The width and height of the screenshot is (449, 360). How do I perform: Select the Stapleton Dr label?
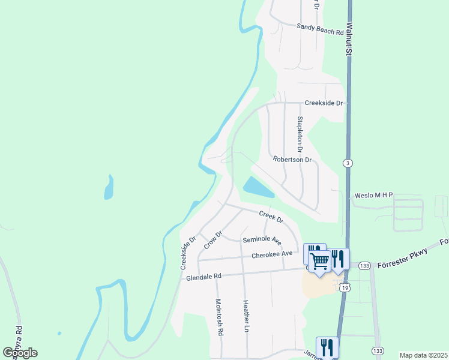pyautogui.click(x=300, y=133)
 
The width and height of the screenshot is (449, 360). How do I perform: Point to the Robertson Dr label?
pyautogui.click(x=292, y=160)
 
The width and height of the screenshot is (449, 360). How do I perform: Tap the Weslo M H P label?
pyautogui.click(x=373, y=195)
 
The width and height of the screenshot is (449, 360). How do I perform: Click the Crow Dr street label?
pyautogui.click(x=212, y=239)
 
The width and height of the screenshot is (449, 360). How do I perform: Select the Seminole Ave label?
pyautogui.click(x=262, y=240)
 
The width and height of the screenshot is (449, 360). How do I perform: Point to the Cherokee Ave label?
pyautogui.click(x=272, y=254)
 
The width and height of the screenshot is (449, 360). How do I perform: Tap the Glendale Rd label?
pyautogui.click(x=204, y=277)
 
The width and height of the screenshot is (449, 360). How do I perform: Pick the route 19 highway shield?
pyautogui.click(x=343, y=288)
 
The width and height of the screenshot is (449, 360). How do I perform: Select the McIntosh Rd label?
pyautogui.click(x=219, y=317)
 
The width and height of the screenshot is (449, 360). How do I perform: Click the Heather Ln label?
pyautogui.click(x=245, y=316)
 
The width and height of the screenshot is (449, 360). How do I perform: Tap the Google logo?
pyautogui.click(x=20, y=353)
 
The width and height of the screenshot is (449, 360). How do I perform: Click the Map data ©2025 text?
pyautogui.click(x=423, y=355)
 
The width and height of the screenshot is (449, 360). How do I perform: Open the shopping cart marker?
pyautogui.click(x=320, y=260)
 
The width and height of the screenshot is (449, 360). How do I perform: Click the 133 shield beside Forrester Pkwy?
pyautogui.click(x=364, y=265)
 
